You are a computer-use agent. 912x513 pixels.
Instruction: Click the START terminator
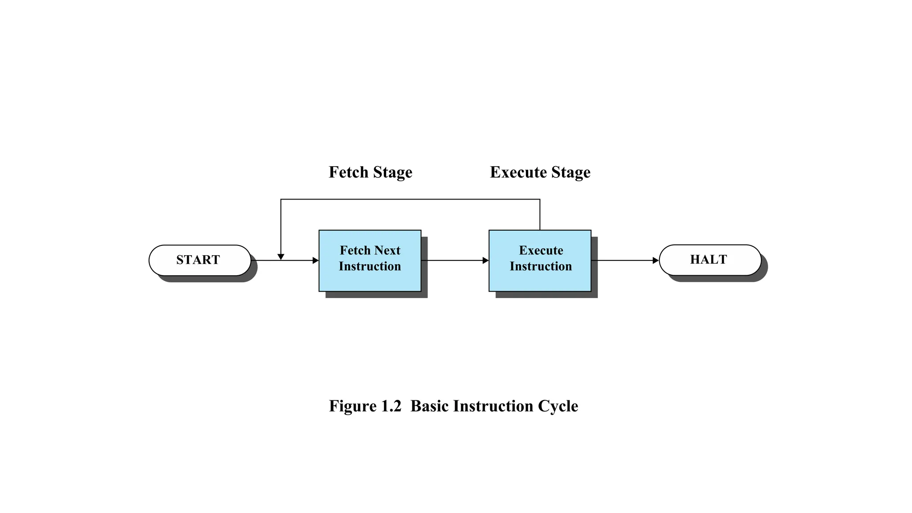click(x=199, y=260)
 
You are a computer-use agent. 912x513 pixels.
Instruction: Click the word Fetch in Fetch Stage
click(x=349, y=172)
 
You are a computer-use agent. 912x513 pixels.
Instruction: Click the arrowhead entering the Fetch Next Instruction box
click(x=316, y=261)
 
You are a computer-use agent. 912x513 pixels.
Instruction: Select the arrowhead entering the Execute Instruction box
click(x=485, y=261)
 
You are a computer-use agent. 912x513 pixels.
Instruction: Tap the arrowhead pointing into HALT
click(x=655, y=261)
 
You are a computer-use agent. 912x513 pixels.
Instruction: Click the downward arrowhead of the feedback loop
click(x=281, y=257)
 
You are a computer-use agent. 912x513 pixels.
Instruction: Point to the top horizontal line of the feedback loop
click(x=410, y=199)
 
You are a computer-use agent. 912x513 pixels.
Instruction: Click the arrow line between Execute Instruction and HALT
click(x=623, y=261)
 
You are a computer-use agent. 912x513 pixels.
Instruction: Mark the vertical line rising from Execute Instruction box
click(x=540, y=215)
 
